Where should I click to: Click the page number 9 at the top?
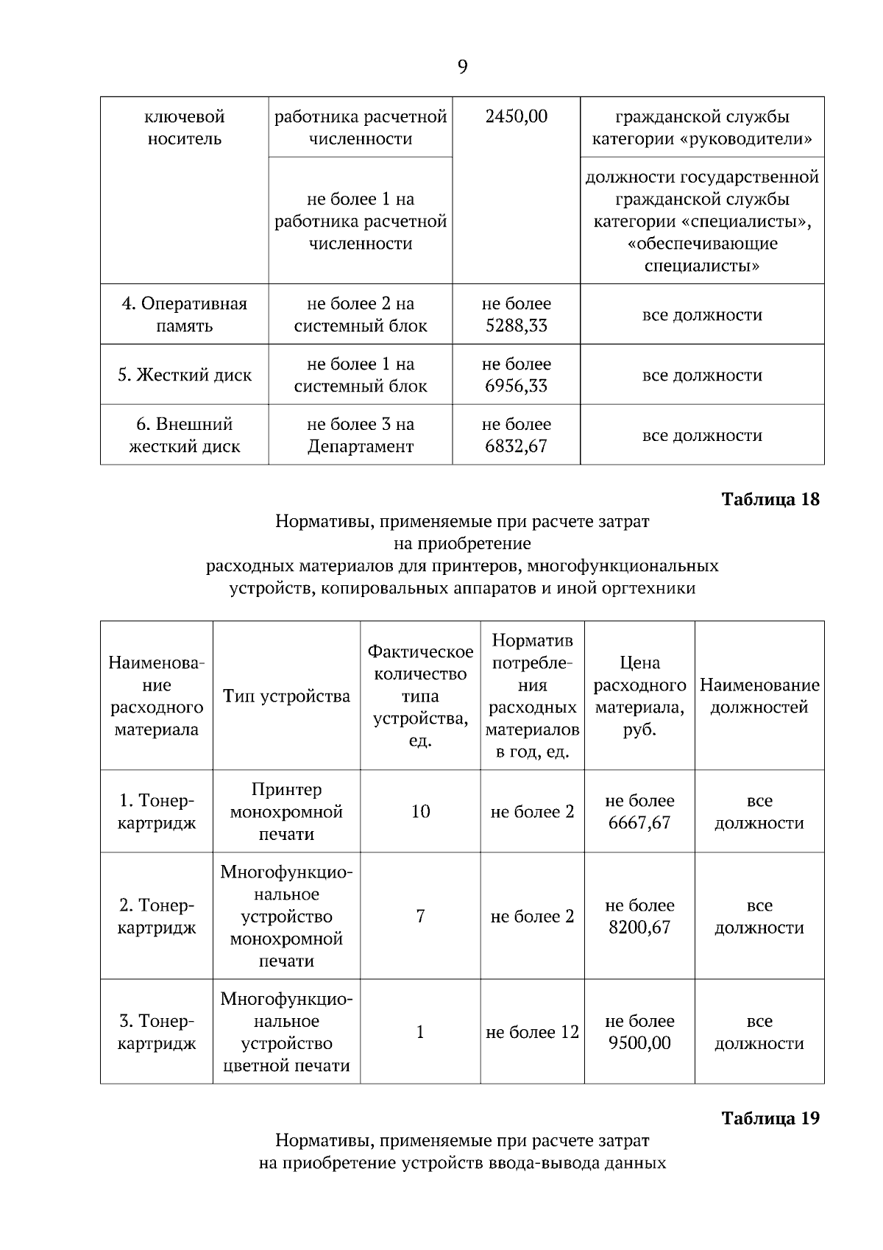tap(462, 68)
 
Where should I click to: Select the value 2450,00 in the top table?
tap(516, 116)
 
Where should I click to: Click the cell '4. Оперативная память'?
tap(184, 314)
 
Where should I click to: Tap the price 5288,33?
tap(516, 325)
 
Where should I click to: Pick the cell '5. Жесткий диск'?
tap(184, 375)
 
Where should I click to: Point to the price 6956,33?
tap(516, 386)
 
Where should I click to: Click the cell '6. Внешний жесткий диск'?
tap(184, 435)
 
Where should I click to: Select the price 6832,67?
tap(516, 446)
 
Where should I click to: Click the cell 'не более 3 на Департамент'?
tap(360, 435)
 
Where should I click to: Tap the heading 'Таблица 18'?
tap(770, 499)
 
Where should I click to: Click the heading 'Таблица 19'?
tap(770, 1118)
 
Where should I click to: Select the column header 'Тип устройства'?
tap(286, 696)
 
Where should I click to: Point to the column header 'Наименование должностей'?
tap(759, 696)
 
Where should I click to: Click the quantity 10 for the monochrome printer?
tap(420, 811)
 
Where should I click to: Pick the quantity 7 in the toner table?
tap(420, 917)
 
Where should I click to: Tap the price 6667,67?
tap(639, 822)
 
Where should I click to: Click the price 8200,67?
tap(639, 928)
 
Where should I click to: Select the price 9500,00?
tap(639, 1043)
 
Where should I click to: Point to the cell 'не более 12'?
tap(532, 1032)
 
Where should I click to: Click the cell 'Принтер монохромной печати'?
tap(286, 811)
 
